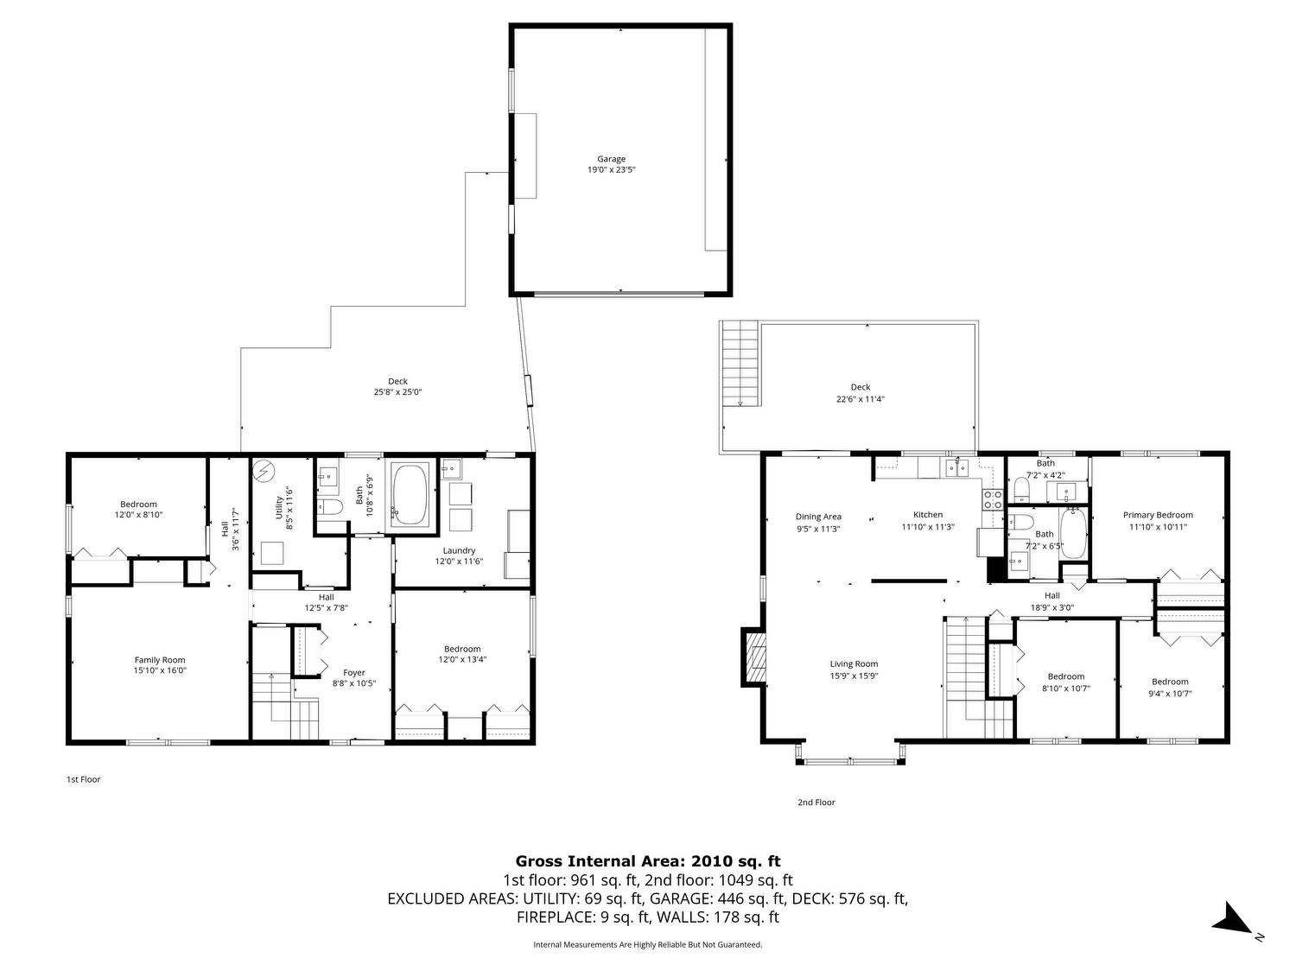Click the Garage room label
(611, 159)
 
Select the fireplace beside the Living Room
(753, 657)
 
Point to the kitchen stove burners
(992, 499)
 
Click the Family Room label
(160, 660)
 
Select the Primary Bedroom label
(1157, 515)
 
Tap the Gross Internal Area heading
(648, 861)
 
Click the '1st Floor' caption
(83, 779)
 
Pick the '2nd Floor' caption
(816, 803)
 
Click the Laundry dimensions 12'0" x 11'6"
(459, 562)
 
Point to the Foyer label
(353, 672)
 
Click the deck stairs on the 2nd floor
(740, 364)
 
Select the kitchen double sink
(957, 468)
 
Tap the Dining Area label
(817, 517)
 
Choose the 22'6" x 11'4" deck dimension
(860, 399)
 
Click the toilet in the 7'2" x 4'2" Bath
(1021, 489)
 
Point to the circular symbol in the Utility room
(263, 471)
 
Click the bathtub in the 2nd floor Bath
(1073, 533)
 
